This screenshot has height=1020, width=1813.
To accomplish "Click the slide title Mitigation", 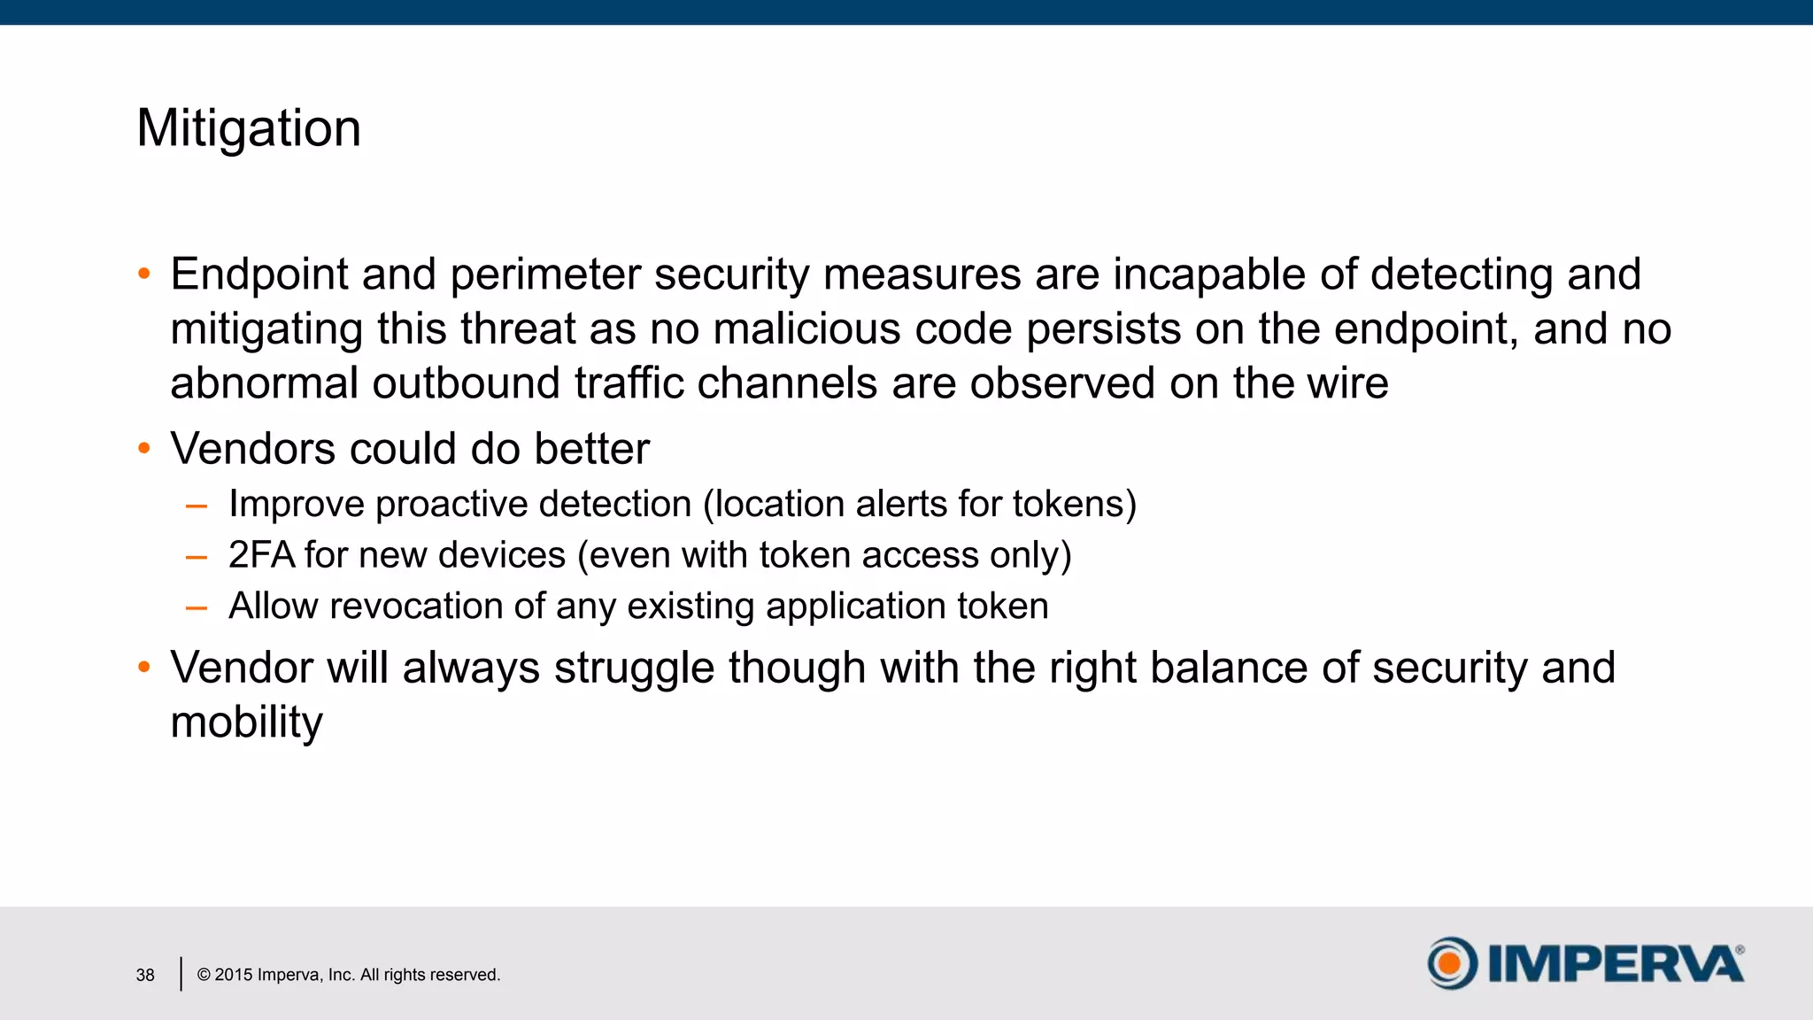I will tap(249, 128).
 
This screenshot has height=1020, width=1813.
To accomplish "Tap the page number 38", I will tap(145, 975).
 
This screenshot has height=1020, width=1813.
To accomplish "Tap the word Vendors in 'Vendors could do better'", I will tap(252, 449).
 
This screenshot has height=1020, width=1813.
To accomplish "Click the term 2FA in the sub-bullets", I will tap(261, 555).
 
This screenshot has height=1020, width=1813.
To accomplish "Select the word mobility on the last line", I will tap(246, 722).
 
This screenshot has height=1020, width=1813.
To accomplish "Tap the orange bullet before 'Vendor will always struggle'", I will tap(144, 667).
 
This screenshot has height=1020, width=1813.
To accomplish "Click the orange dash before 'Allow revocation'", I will tap(197, 608).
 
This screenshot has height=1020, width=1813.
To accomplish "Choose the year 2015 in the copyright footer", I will tap(234, 975).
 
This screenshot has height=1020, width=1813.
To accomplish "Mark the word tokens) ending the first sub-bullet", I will tap(1074, 505).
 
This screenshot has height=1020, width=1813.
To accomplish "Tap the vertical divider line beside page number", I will tap(181, 974).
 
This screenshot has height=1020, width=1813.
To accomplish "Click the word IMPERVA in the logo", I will tap(1616, 963).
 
